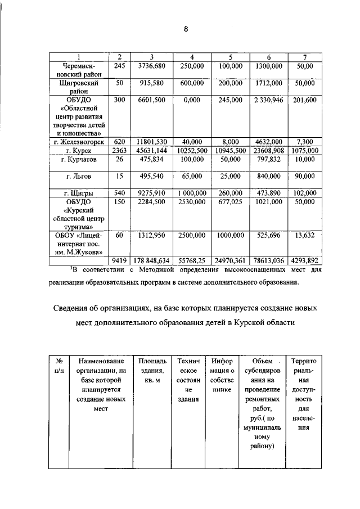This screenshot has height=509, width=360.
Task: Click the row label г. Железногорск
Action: pos(79,143)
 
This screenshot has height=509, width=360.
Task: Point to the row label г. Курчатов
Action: pos(79,160)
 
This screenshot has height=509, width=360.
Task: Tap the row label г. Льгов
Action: pos(79,177)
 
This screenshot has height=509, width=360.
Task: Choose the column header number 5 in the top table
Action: pos(230,57)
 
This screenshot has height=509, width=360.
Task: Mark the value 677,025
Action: pos(230,201)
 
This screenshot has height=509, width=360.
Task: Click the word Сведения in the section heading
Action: pos(78,309)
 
